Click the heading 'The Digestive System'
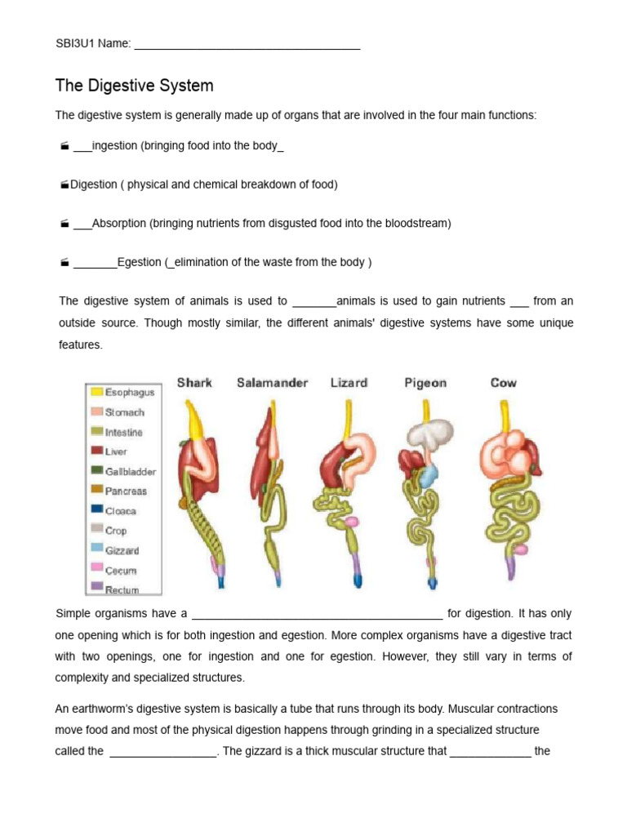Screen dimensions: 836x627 click(x=134, y=86)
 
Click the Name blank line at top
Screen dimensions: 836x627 click(x=247, y=46)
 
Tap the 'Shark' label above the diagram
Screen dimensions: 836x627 click(x=194, y=383)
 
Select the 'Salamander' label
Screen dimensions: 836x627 click(x=272, y=383)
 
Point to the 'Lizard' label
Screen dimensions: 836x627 click(x=349, y=383)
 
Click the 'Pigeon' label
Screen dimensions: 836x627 click(x=425, y=383)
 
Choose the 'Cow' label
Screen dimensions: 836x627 click(x=503, y=383)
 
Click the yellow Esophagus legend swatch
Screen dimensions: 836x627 click(x=96, y=393)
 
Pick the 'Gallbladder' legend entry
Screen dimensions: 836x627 click(x=130, y=472)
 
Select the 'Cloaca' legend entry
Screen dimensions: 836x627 click(x=121, y=511)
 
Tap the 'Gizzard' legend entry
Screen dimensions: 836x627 click(x=122, y=551)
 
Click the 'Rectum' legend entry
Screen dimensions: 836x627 click(x=122, y=589)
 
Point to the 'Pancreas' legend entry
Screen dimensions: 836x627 click(x=126, y=491)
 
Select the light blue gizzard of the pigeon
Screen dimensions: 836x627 click(x=429, y=474)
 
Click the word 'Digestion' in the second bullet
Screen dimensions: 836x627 click(x=94, y=185)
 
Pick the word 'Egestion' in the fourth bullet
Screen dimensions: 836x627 click(x=140, y=262)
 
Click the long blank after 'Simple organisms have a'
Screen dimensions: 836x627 click(x=317, y=615)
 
